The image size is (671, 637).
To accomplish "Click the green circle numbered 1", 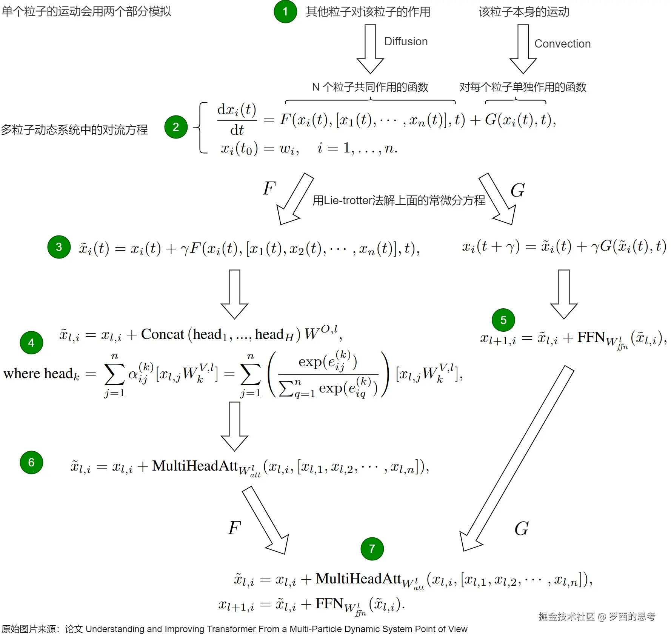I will click(x=285, y=12).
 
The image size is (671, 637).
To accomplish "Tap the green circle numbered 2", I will click(x=176, y=127).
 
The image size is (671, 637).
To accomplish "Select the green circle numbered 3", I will click(x=59, y=247).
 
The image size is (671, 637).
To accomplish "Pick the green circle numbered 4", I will click(x=31, y=343).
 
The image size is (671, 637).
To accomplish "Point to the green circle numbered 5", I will click(x=503, y=320).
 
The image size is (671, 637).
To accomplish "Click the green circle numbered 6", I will click(x=31, y=462).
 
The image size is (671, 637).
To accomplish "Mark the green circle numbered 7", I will click(x=372, y=549).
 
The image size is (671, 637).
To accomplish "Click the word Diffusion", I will click(x=406, y=42).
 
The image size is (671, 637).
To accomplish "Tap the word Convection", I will click(x=562, y=44).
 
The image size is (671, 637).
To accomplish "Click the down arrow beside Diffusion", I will click(x=370, y=49).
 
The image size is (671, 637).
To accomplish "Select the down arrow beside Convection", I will click(x=523, y=49).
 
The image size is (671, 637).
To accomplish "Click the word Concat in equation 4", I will click(x=162, y=334).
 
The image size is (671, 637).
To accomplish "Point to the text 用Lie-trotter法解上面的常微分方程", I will click(x=399, y=200).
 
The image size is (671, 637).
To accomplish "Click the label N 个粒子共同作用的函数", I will click(x=370, y=87).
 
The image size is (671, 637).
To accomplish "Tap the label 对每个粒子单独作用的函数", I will click(x=523, y=87).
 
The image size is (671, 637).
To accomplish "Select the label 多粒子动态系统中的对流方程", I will click(x=74, y=130).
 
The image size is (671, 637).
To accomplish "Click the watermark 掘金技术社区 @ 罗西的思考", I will click(x=597, y=616).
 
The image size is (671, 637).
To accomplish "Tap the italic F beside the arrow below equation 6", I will click(x=234, y=528).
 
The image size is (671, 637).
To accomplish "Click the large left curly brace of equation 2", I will click(x=201, y=128).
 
